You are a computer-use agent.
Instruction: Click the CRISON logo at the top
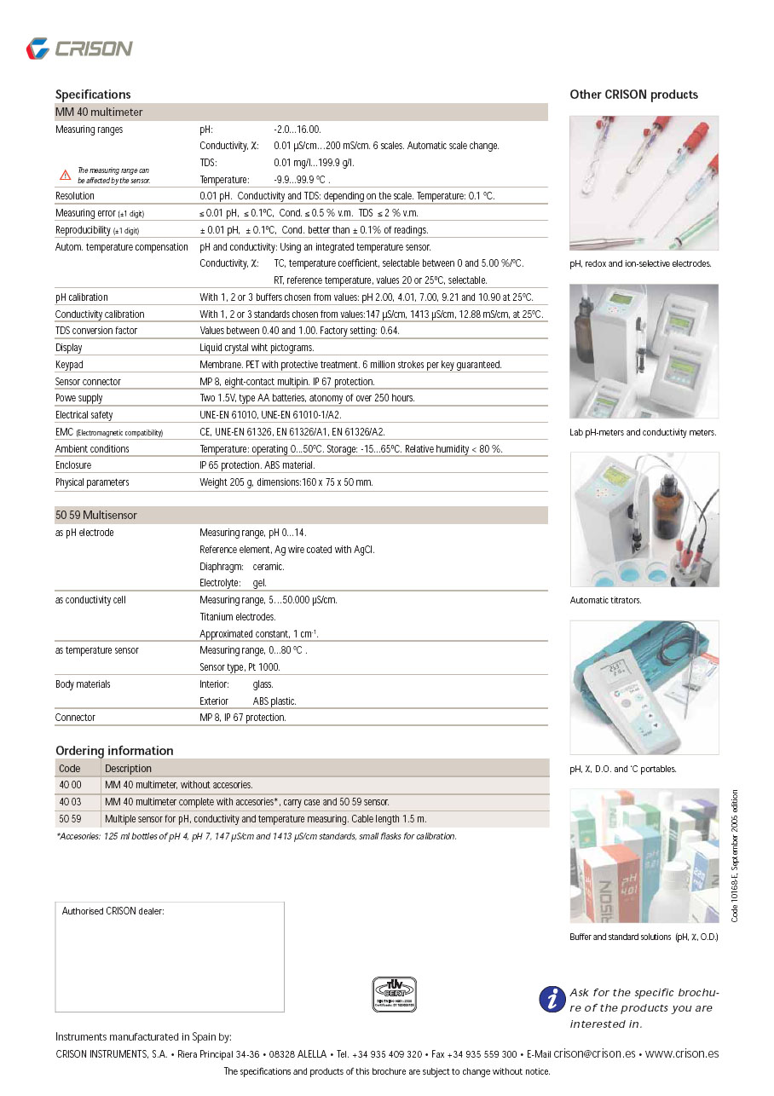pos(79,49)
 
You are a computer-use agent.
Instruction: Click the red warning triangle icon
pos(65,175)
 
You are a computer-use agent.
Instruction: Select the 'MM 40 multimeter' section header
pos(99,112)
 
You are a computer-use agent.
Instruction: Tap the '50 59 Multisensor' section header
pos(96,515)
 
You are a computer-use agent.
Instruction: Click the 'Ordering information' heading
pos(114,751)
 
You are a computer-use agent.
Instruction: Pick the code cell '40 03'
pos(70,802)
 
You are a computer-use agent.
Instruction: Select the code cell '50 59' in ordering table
pos(70,819)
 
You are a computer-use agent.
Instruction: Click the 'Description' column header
pos(128,768)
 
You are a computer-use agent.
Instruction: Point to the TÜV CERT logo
pos(394,994)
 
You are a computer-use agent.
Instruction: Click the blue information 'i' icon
pos(552,999)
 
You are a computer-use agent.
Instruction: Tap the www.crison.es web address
pos(681,1053)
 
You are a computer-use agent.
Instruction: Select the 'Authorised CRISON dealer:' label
pos(113,911)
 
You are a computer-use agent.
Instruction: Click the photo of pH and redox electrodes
pos(644,182)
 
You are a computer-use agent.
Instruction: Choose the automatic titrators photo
pos(644,519)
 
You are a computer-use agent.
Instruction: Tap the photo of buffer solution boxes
pos(644,855)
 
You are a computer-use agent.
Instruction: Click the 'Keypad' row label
pos(70,364)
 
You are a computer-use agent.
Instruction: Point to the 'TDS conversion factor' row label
pos(96,331)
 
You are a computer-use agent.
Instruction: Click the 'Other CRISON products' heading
pos(633,95)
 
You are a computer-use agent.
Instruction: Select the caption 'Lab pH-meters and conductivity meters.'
pos(643,432)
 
